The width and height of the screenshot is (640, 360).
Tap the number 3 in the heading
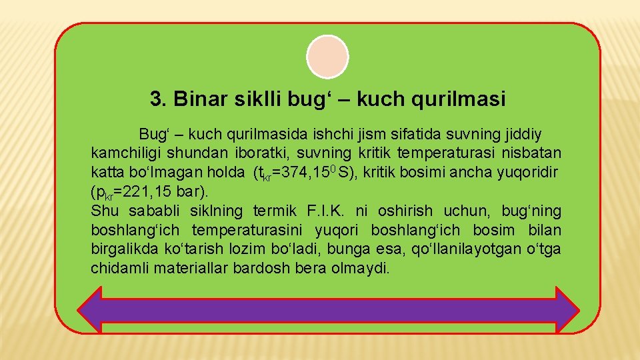coord(156,99)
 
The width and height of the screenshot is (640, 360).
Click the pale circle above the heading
coord(327,57)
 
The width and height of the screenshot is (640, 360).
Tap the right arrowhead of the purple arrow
coord(567,311)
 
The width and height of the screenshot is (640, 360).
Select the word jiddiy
coord(521,134)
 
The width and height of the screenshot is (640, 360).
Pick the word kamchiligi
coord(124,153)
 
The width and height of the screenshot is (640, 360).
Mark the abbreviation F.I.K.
coord(327,211)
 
